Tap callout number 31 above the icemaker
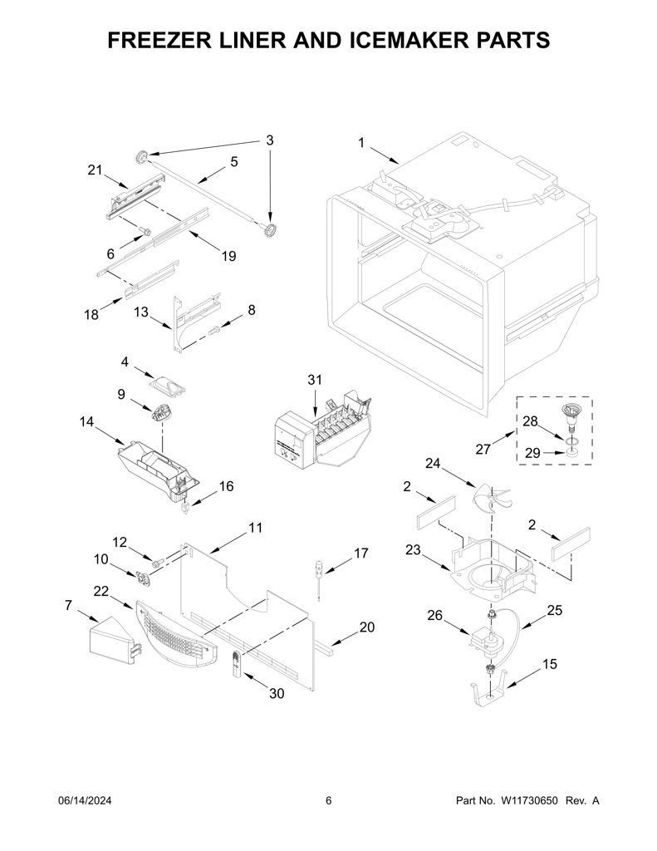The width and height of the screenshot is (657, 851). (x=315, y=380)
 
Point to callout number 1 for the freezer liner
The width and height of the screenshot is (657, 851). (x=361, y=143)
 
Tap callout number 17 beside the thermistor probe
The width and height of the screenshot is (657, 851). (x=360, y=553)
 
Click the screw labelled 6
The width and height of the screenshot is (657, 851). (x=144, y=231)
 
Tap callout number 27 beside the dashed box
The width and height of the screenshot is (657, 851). (x=483, y=449)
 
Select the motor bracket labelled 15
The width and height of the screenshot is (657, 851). (x=490, y=687)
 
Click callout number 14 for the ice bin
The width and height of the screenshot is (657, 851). (x=86, y=421)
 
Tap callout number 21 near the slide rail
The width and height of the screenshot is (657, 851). (x=95, y=170)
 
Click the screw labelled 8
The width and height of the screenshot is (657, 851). (x=213, y=328)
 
